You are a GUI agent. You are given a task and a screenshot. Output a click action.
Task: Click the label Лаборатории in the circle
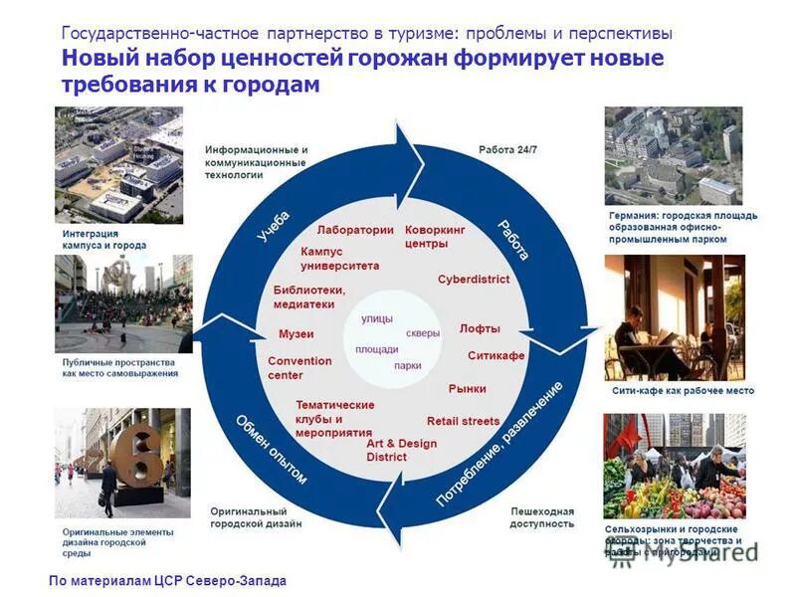pyautogui.click(x=355, y=229)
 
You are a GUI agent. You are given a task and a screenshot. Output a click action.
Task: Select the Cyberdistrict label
pyautogui.click(x=473, y=280)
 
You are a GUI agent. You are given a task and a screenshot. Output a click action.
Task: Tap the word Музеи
pyautogui.click(x=296, y=333)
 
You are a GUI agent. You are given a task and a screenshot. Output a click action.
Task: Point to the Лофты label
pyautogui.click(x=480, y=328)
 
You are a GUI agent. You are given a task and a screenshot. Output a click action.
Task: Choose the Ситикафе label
pyautogui.click(x=496, y=355)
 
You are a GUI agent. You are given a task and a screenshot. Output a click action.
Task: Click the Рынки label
pyautogui.click(x=467, y=389)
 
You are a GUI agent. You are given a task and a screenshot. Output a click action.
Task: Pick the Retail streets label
pyautogui.click(x=463, y=421)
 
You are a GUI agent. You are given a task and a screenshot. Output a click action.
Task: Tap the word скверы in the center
pyautogui.click(x=422, y=333)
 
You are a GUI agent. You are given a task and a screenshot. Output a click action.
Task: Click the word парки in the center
pyautogui.click(x=407, y=365)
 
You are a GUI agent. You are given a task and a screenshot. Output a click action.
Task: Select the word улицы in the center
pyautogui.click(x=377, y=318)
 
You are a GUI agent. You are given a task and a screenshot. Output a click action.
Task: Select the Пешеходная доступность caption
pyautogui.click(x=542, y=516)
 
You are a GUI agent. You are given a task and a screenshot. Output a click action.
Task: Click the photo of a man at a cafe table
pyautogui.click(x=674, y=317)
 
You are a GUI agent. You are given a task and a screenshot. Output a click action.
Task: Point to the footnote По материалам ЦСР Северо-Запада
pyautogui.click(x=166, y=579)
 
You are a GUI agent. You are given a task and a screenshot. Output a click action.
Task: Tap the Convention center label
pyautogui.click(x=299, y=368)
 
